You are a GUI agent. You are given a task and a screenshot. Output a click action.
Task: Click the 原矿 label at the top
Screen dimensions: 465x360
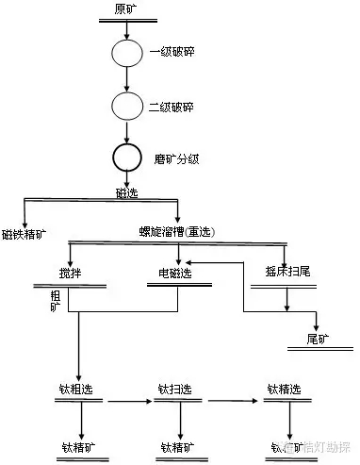tap(124, 8)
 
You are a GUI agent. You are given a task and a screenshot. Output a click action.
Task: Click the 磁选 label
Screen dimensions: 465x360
tap(128, 192)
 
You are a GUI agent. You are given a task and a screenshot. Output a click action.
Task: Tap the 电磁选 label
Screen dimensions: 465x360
tap(174, 274)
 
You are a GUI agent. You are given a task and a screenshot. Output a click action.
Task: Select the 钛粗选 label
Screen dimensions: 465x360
tap(80, 388)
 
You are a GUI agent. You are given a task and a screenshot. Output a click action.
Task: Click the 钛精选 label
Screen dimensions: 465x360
tap(283, 388)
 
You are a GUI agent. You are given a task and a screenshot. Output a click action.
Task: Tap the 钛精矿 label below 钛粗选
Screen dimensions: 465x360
tap(80, 446)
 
